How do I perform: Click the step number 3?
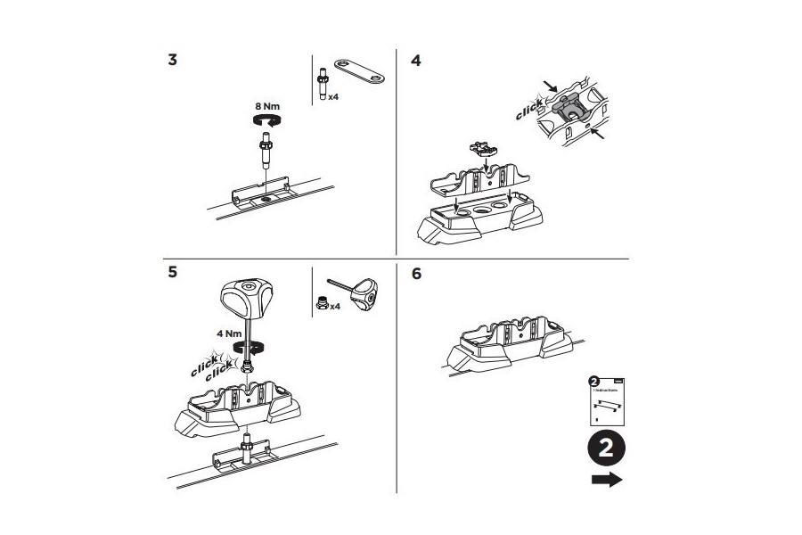click(x=172, y=61)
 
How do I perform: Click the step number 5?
click(x=172, y=273)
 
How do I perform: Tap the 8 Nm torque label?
click(x=267, y=104)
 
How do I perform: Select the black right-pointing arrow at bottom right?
click(x=607, y=481)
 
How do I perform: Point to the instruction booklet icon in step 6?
click(x=606, y=399)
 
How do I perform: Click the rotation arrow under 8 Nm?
click(x=267, y=118)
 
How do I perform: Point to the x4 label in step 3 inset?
click(x=332, y=95)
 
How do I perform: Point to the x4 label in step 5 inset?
click(x=335, y=306)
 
